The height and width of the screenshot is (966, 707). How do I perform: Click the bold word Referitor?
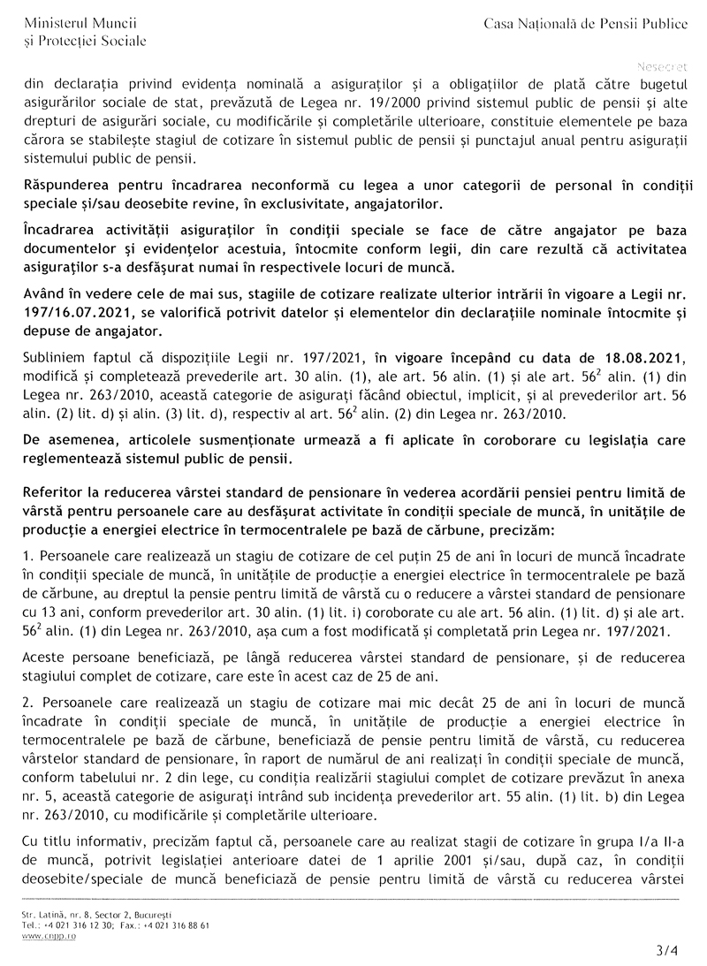click(55, 492)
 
